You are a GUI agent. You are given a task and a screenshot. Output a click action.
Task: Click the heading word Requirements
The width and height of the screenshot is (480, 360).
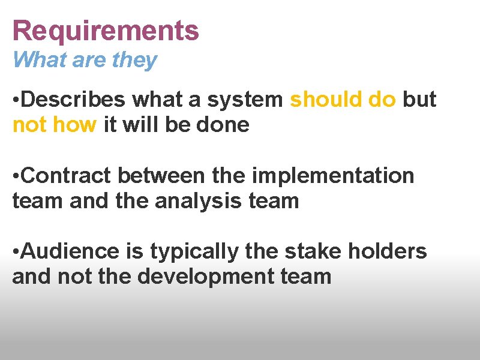coord(106,31)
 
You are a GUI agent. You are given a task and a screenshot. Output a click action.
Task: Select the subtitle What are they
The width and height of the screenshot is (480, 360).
coord(85,60)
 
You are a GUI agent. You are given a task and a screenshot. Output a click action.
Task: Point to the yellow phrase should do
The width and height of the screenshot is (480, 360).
coord(343,100)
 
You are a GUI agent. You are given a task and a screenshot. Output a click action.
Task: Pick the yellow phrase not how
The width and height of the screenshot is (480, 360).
coord(55,125)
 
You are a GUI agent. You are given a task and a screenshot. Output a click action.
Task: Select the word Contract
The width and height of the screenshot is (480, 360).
coord(65,176)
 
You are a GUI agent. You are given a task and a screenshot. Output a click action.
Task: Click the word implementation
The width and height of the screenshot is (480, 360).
coord(333,176)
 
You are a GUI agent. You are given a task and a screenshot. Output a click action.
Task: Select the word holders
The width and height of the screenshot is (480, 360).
coord(389,251)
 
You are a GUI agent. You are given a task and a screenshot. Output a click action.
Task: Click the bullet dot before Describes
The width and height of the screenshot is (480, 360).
coord(16,100)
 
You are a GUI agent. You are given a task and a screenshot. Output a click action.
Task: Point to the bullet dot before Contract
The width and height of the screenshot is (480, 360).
coord(16,176)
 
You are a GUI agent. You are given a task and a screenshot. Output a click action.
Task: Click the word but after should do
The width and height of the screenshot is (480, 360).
coord(419,100)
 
